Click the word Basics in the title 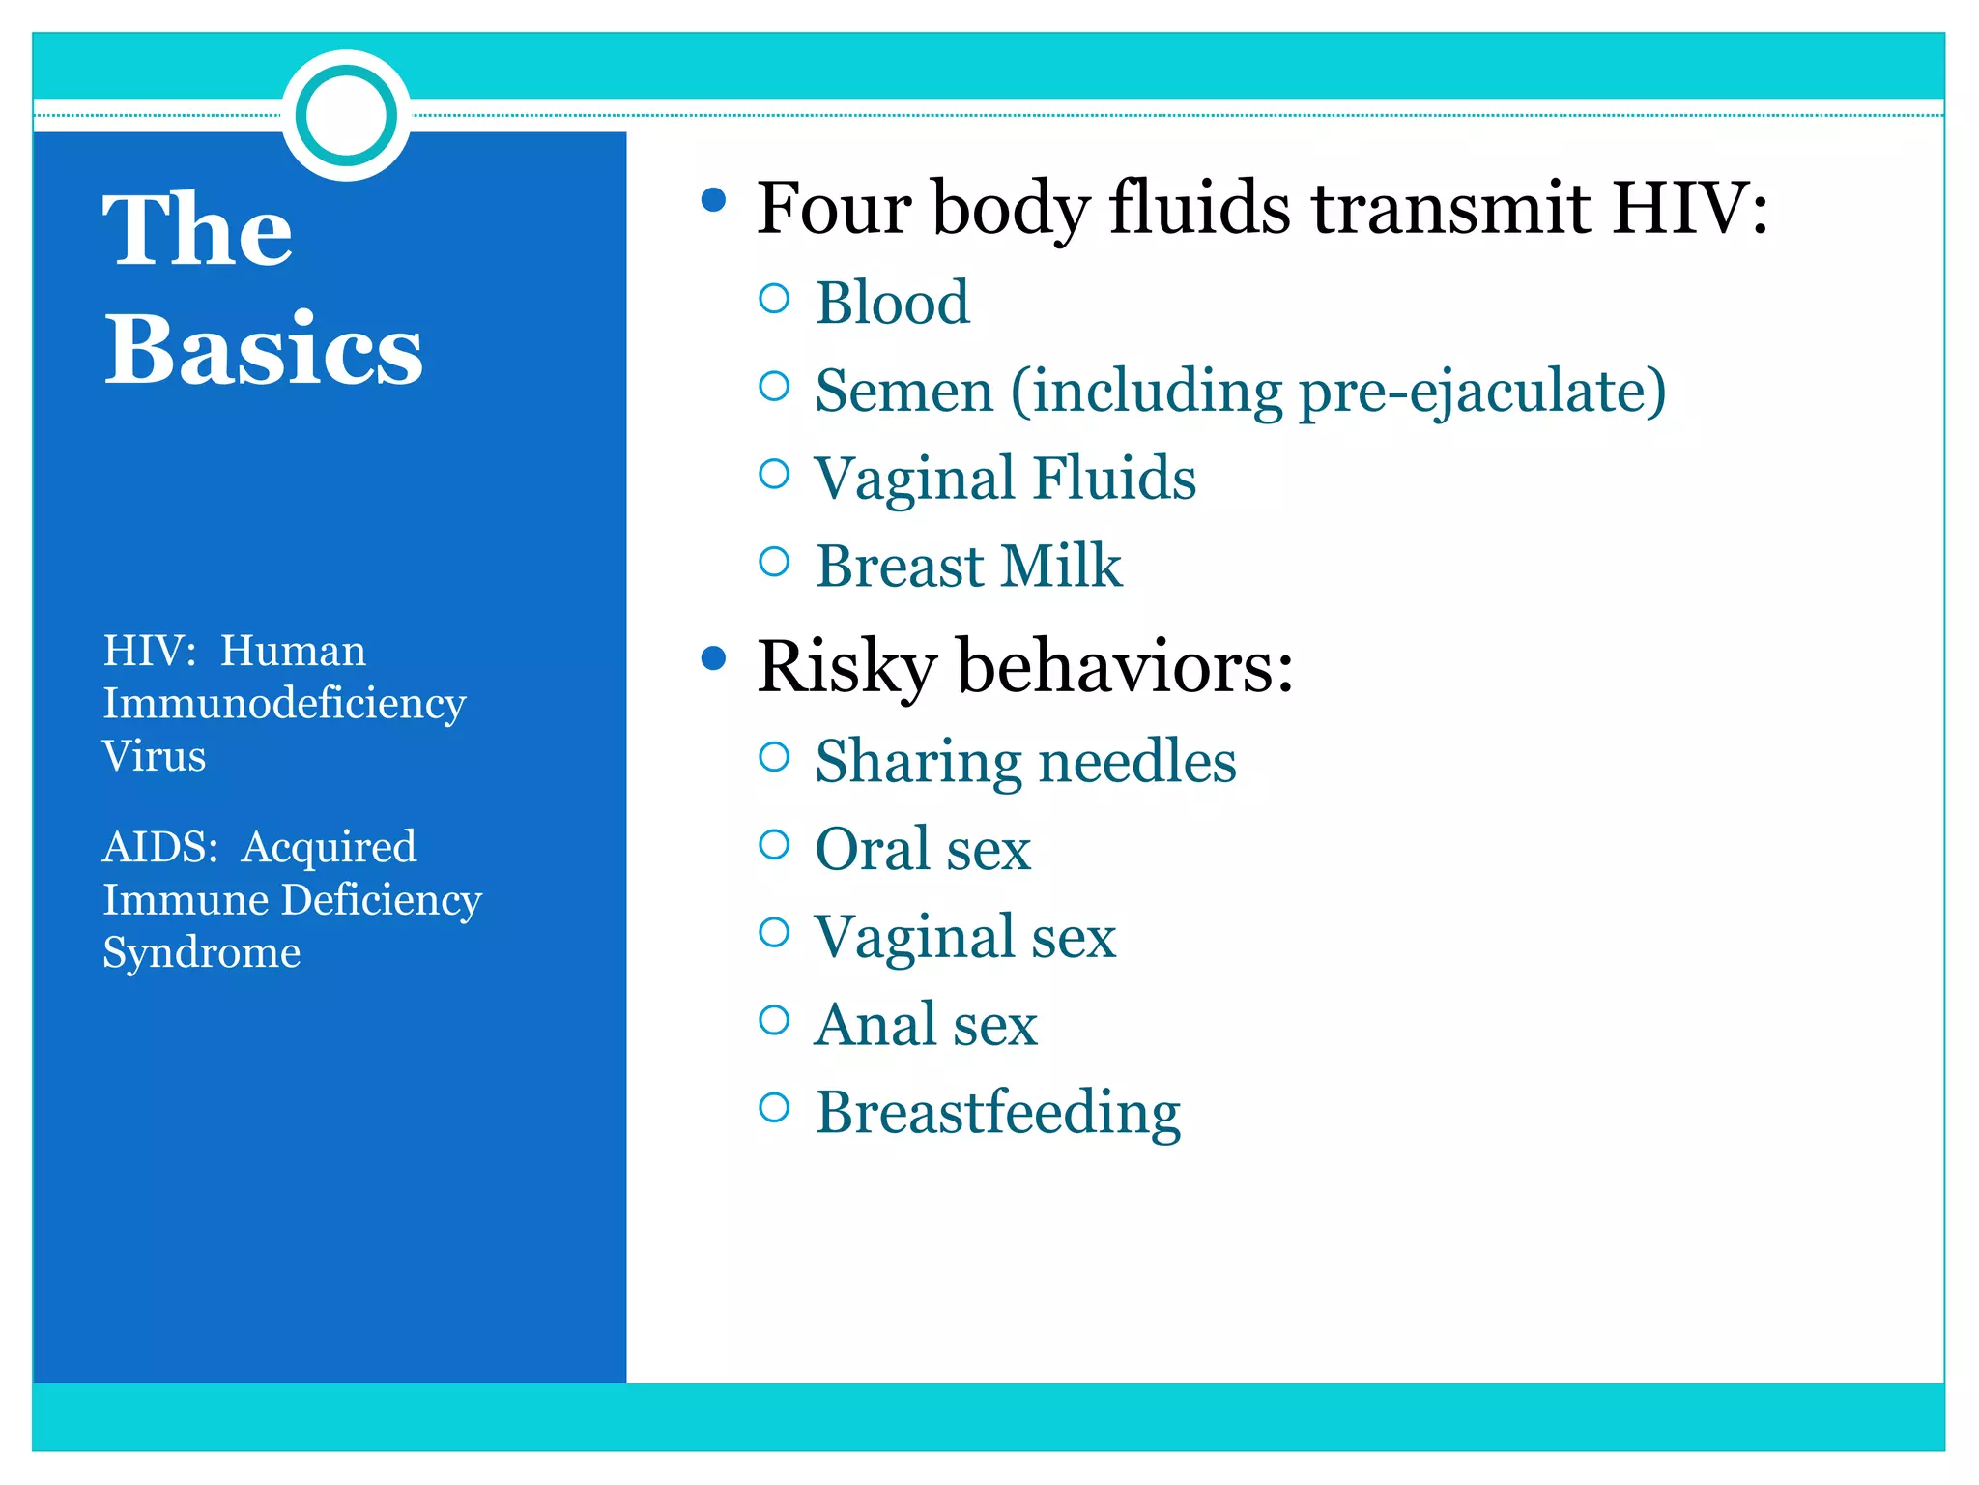click(263, 349)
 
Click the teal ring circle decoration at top click(347, 115)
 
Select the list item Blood click(892, 303)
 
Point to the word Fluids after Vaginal click(1114, 478)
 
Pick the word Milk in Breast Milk click(1061, 566)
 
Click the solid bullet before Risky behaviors click(713, 659)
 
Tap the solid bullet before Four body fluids click(713, 200)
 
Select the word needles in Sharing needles click(1136, 761)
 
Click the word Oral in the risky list click(871, 849)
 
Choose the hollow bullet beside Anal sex click(774, 1019)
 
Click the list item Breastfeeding click(997, 1113)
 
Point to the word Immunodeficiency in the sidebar click(284, 704)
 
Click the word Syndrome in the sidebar click(201, 952)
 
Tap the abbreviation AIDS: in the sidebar click(160, 847)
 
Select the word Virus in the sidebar click(154, 756)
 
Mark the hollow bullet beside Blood click(774, 299)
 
